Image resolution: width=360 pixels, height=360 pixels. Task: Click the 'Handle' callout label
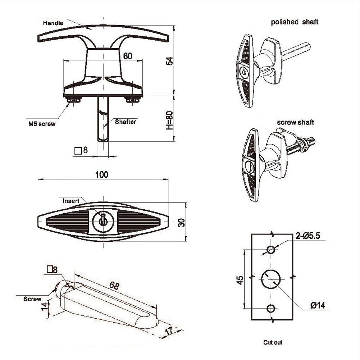pyautogui.click(x=53, y=23)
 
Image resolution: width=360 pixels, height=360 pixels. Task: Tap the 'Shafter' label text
pyautogui.click(x=126, y=122)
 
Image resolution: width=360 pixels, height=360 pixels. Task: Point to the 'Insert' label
pyautogui.click(x=71, y=201)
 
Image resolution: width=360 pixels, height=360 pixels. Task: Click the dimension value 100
pyautogui.click(x=102, y=174)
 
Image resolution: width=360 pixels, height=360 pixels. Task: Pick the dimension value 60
pyautogui.click(x=128, y=56)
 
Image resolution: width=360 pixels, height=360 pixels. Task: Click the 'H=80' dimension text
pyautogui.click(x=169, y=120)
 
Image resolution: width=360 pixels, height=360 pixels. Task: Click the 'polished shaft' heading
pyautogui.click(x=295, y=22)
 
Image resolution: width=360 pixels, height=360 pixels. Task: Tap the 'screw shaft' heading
pyautogui.click(x=295, y=122)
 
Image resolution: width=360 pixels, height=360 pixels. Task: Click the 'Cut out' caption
pyautogui.click(x=273, y=342)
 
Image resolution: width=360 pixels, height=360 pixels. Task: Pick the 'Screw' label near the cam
pyautogui.click(x=32, y=299)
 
